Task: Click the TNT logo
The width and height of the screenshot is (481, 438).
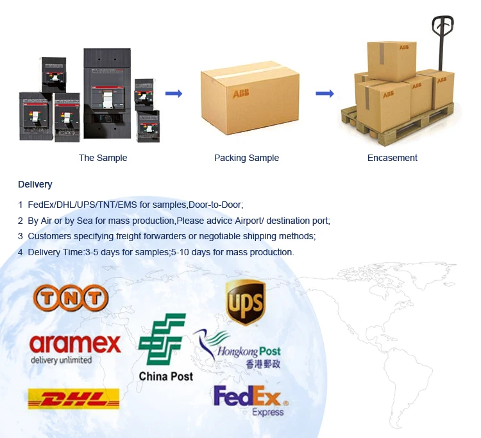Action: pyautogui.click(x=71, y=297)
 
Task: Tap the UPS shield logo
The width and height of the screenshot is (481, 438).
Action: pyautogui.click(x=246, y=302)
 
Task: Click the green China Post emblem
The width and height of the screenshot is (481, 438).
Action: pyautogui.click(x=163, y=339)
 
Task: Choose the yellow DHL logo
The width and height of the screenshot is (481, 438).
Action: pyautogui.click(x=74, y=399)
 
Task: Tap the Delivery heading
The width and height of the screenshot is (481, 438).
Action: pyautogui.click(x=35, y=185)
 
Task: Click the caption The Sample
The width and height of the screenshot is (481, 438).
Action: pyautogui.click(x=103, y=158)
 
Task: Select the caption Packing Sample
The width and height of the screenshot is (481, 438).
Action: pyautogui.click(x=246, y=158)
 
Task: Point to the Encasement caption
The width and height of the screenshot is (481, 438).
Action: pyautogui.click(x=392, y=158)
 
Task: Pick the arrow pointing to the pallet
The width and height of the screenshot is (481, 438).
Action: pyautogui.click(x=325, y=94)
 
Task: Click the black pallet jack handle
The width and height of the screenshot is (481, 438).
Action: pyautogui.click(x=442, y=27)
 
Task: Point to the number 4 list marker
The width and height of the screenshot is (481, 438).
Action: pyautogui.click(x=21, y=252)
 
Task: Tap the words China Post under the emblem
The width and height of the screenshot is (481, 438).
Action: pyautogui.click(x=165, y=376)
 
